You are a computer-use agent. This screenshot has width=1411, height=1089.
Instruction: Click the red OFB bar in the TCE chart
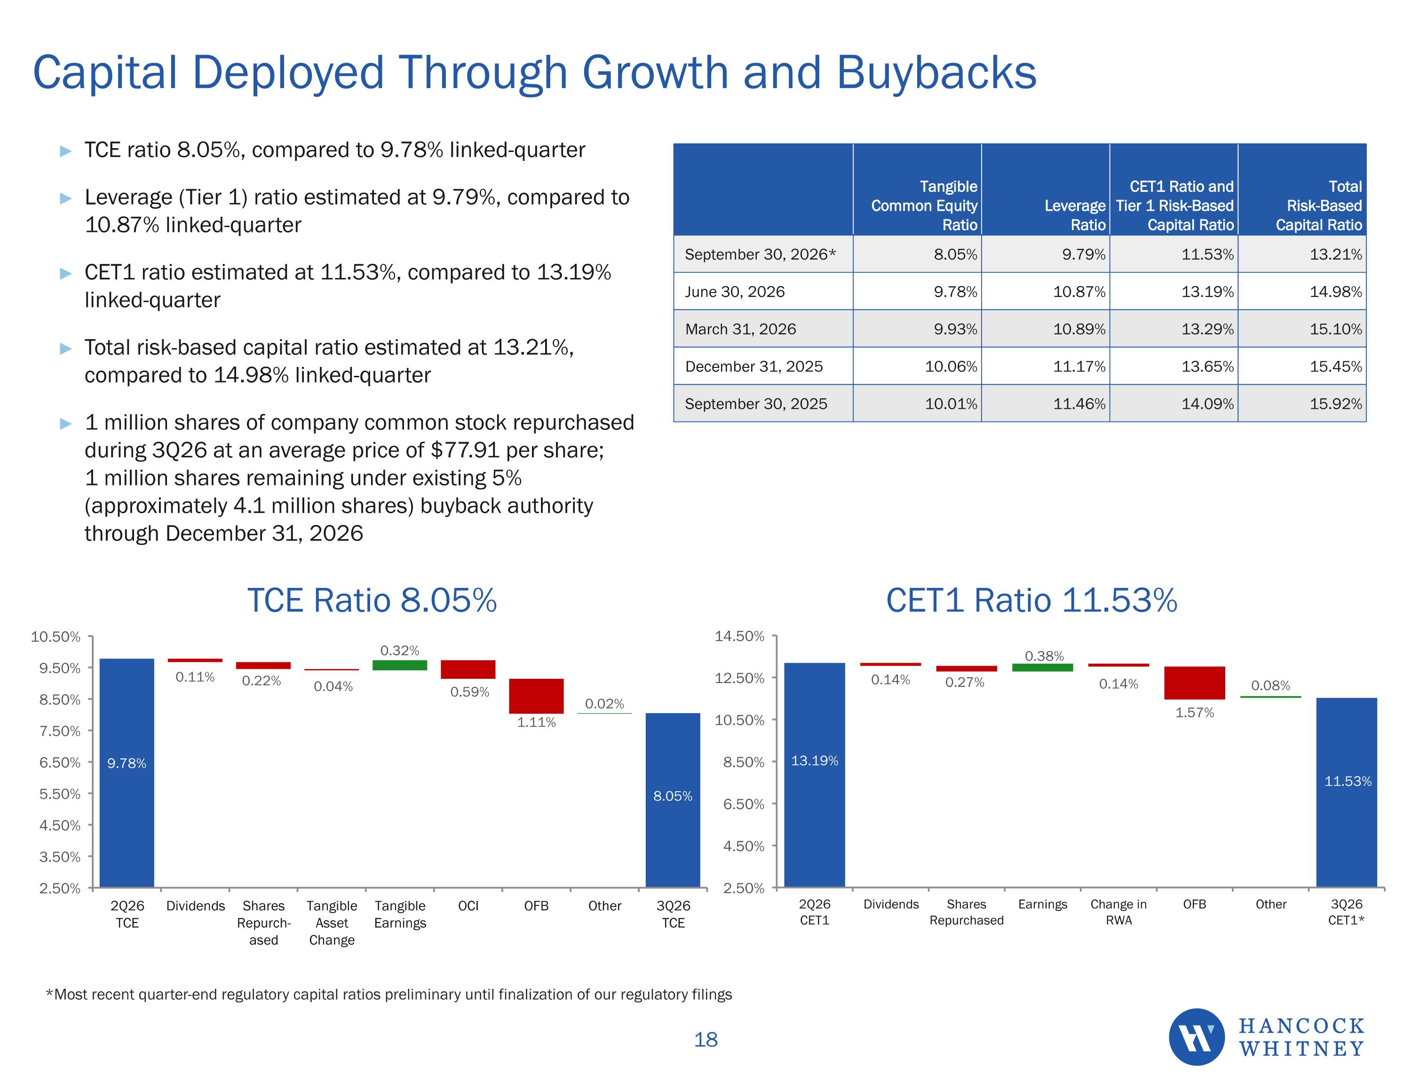[x=536, y=696]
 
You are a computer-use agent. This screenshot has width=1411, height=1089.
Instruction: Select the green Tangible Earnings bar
[x=399, y=665]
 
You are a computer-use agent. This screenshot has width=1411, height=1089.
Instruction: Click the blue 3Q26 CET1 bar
[x=1347, y=792]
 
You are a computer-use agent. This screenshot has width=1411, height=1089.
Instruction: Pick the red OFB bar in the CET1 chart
[x=1195, y=683]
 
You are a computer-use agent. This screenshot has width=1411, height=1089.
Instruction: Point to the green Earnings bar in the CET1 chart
[x=1042, y=668]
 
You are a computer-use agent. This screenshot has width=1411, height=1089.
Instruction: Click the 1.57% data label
[x=1195, y=712]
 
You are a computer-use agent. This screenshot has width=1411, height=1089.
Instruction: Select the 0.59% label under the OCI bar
[x=470, y=692]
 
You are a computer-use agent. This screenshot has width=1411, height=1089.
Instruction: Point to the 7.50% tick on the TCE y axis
[x=60, y=731]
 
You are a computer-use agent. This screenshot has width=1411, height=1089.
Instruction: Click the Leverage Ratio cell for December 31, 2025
[x=1079, y=366]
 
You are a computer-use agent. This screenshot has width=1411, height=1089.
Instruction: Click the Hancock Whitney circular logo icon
[x=1197, y=1037]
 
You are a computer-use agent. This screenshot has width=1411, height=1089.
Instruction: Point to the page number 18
[x=705, y=1039]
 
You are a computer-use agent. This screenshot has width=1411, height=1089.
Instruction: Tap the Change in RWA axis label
[x=1118, y=912]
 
